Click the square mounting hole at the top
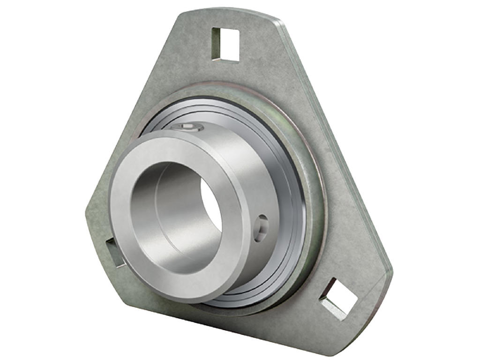point(225,45)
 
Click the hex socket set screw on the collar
point(187,127)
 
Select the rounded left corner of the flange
point(91,211)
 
